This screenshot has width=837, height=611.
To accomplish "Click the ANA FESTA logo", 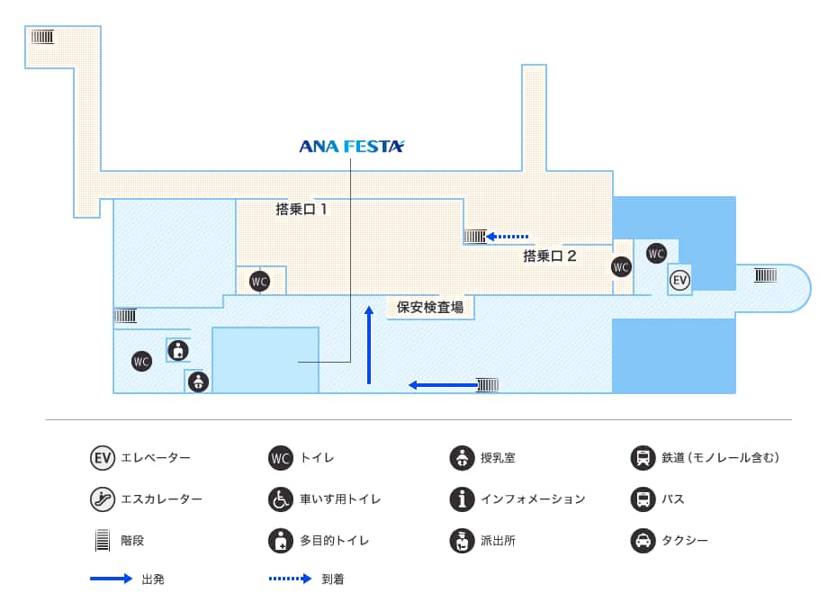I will tap(351, 146).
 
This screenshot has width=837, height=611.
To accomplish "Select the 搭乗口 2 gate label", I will tap(549, 256).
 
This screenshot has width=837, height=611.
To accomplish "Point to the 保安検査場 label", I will tap(429, 307).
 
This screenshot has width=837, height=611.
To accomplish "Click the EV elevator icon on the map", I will tap(679, 280).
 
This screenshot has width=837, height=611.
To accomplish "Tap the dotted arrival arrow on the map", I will tap(508, 237).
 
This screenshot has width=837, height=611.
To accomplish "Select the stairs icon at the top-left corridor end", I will tap(42, 37).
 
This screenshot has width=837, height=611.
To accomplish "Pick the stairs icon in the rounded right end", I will tap(765, 275).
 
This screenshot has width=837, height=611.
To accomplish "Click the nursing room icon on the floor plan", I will tap(198, 382).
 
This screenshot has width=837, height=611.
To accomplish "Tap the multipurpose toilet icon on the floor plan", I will tap(178, 349).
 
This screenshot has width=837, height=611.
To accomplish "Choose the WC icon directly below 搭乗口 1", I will tap(259, 282).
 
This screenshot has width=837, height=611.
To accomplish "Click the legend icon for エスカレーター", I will tap(103, 499).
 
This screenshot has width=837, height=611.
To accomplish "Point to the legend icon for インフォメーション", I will tap(462, 499).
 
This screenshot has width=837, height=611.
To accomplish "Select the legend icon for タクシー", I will tap(643, 541).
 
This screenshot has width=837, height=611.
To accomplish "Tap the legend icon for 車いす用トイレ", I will tap(281, 499).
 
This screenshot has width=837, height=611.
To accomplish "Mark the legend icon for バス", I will tap(643, 499).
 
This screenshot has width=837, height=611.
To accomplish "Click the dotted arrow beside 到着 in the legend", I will tap(290, 579).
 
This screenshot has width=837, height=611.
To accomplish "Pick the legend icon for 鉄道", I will tap(643, 457).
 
